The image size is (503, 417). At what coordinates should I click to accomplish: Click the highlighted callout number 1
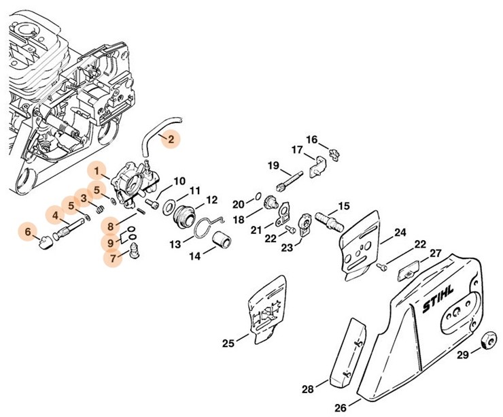tap(99, 169)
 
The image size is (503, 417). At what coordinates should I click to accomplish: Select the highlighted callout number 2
tap(171, 139)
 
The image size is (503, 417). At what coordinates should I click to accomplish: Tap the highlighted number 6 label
tap(28, 231)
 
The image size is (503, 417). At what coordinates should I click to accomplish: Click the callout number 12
tap(211, 200)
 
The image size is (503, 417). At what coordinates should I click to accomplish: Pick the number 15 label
tap(344, 205)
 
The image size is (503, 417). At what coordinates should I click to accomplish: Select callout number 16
tap(311, 139)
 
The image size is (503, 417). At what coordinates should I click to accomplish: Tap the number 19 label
tap(273, 165)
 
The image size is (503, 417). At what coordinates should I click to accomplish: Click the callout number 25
tap(228, 344)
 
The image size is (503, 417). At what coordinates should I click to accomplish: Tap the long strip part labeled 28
tap(347, 354)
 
